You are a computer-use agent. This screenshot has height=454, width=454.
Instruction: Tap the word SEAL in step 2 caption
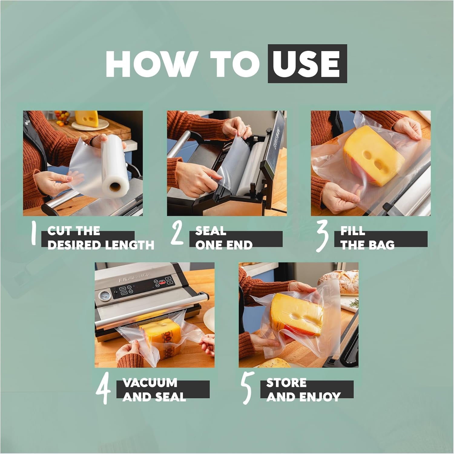211,231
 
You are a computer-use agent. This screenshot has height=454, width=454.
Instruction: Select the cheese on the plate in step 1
87,119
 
